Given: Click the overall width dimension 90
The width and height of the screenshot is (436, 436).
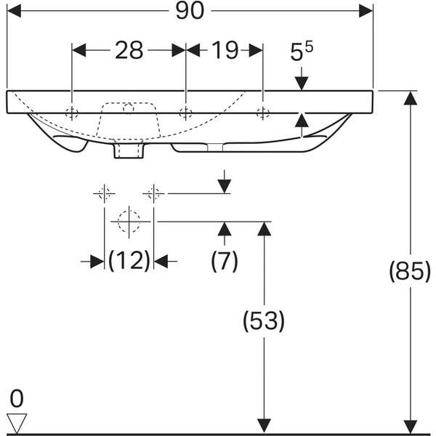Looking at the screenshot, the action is (190, 11).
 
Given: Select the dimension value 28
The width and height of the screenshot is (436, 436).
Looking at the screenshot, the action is (129, 50).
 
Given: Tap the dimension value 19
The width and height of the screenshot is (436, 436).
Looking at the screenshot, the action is (225, 50).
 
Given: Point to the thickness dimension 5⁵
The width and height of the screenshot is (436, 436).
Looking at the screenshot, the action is (301, 51).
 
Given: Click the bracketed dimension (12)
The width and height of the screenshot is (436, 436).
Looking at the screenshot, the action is (129, 261).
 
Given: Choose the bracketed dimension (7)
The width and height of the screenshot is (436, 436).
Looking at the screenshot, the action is (225, 261).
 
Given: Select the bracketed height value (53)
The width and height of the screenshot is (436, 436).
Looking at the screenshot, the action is (264, 321).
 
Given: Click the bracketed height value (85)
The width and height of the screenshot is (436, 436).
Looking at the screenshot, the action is (410, 271).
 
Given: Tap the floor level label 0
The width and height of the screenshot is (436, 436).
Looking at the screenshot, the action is (17, 399).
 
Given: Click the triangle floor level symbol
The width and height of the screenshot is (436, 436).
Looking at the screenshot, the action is (17, 423).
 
